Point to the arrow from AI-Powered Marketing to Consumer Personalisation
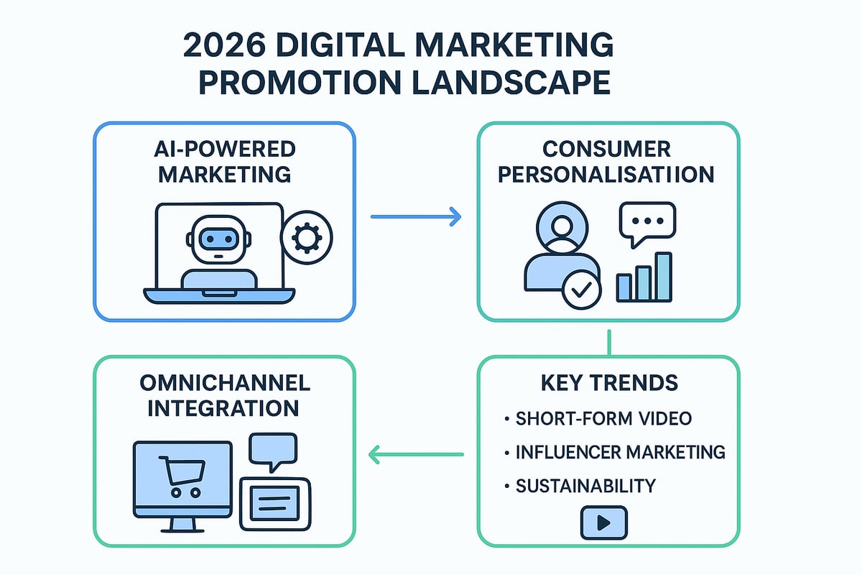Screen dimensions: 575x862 click(x=415, y=216)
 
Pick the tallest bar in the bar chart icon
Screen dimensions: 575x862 click(x=664, y=276)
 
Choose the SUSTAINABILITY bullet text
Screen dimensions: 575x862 click(x=585, y=486)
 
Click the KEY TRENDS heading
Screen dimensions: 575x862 click(x=608, y=382)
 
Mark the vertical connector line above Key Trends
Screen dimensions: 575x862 click(x=608, y=341)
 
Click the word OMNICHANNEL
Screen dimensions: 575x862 click(x=224, y=382)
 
